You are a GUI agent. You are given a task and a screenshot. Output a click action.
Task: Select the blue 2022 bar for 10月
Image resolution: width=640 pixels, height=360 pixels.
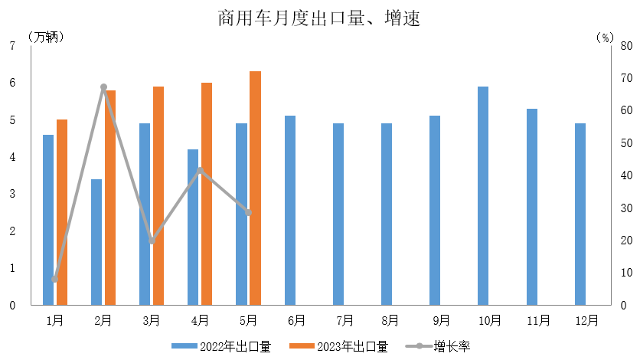click(483, 195)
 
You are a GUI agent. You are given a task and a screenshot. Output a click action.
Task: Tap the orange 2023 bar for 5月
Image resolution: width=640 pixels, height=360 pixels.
click(255, 188)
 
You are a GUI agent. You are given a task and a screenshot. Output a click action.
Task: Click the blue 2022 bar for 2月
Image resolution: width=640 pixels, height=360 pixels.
click(96, 242)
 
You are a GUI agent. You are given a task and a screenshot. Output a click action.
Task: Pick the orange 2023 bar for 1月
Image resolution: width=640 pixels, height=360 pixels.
click(62, 212)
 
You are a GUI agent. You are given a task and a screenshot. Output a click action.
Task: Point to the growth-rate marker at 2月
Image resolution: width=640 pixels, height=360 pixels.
click(103, 87)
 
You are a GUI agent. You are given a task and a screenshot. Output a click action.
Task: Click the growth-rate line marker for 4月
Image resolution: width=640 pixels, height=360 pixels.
click(200, 170)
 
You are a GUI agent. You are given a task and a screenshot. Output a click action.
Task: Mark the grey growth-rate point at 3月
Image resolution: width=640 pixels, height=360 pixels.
click(152, 241)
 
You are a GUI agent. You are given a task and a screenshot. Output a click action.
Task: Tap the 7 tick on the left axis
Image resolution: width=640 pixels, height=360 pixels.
click(12, 46)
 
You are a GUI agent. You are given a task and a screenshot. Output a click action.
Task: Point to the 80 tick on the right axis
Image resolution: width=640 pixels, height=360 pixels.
click(625, 46)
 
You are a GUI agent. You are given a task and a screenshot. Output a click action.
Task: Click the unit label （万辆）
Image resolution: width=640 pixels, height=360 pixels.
click(46, 36)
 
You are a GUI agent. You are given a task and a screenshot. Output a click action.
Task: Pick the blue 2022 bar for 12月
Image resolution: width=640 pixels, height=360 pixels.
click(580, 214)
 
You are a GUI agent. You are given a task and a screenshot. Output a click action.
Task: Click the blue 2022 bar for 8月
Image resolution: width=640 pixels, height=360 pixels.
click(387, 214)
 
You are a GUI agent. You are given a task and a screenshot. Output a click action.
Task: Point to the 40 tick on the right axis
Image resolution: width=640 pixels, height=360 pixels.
click(625, 175)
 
